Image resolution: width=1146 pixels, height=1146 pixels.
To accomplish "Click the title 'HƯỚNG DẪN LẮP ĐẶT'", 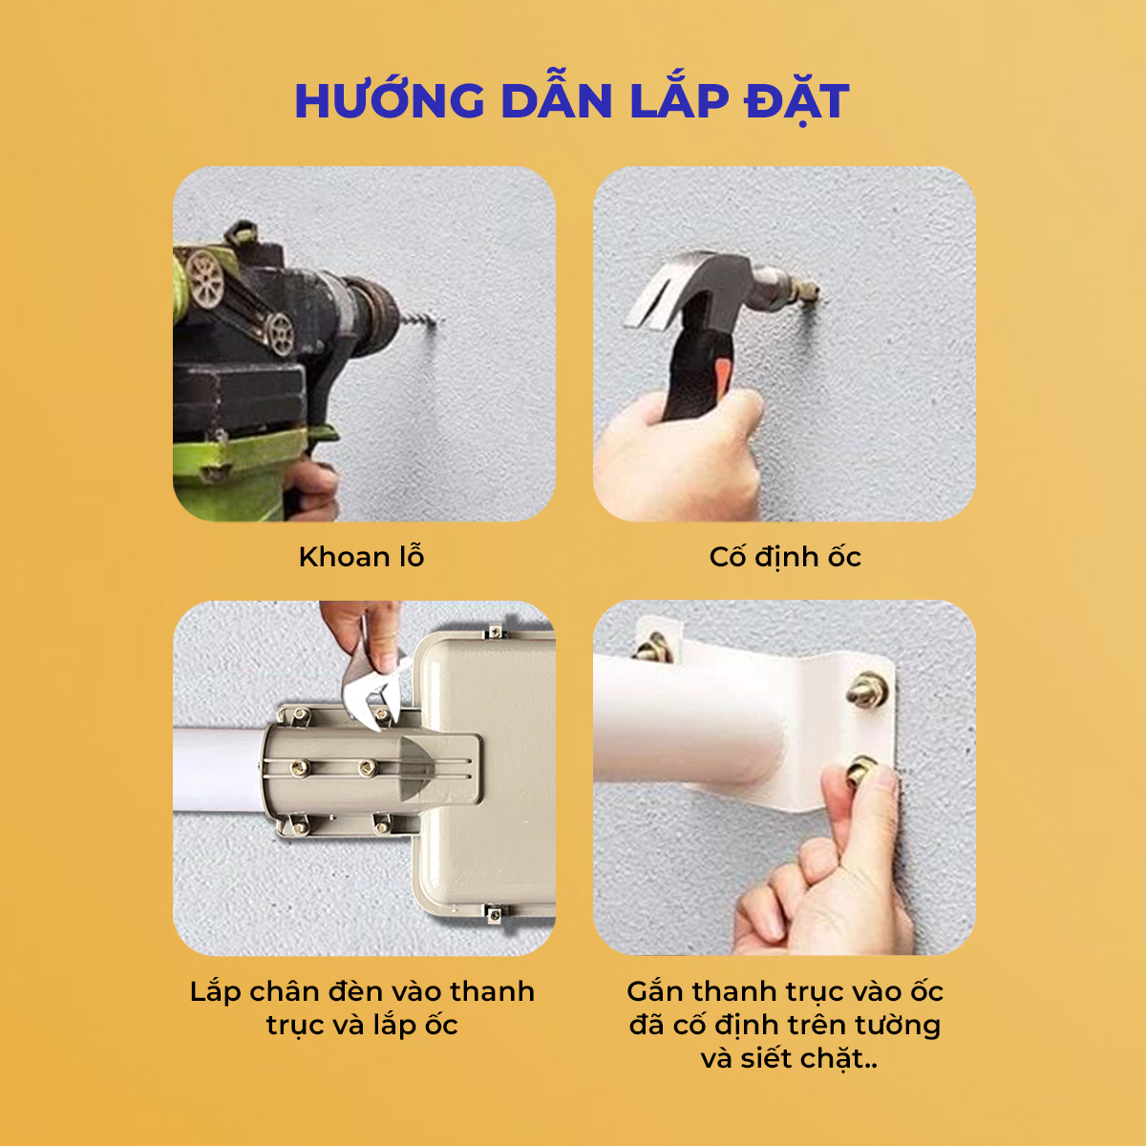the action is pyautogui.click(x=571, y=101).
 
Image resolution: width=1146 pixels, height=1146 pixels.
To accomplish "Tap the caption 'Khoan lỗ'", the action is pyautogui.click(x=362, y=557).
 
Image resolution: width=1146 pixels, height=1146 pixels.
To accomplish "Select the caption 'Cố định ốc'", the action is pyautogui.click(x=785, y=557).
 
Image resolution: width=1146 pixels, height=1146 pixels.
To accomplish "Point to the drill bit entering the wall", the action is pyautogui.click(x=422, y=320).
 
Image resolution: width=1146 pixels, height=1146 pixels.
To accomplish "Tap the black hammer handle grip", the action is pyautogui.click(x=696, y=373).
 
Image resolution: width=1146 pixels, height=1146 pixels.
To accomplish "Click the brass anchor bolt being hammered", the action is pyautogui.click(x=806, y=291).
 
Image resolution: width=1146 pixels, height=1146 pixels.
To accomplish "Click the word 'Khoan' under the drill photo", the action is pyautogui.click(x=343, y=557).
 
